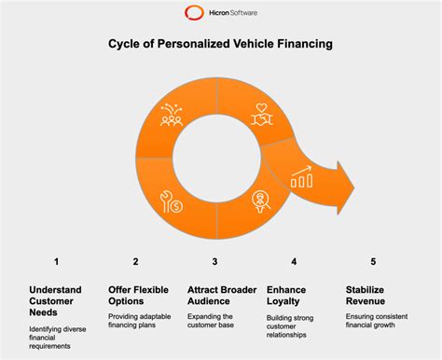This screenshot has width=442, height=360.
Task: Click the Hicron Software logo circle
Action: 193,14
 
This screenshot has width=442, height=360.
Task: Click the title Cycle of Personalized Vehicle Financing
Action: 220,43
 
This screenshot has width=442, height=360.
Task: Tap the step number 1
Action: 57,262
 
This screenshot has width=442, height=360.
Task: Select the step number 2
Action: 136,262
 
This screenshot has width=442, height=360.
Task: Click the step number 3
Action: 215,262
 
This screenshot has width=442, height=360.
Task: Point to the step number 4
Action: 295,262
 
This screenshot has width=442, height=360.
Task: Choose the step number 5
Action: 373,262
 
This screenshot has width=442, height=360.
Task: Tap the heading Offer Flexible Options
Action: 137,296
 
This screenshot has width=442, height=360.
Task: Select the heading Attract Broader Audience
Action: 215,296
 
